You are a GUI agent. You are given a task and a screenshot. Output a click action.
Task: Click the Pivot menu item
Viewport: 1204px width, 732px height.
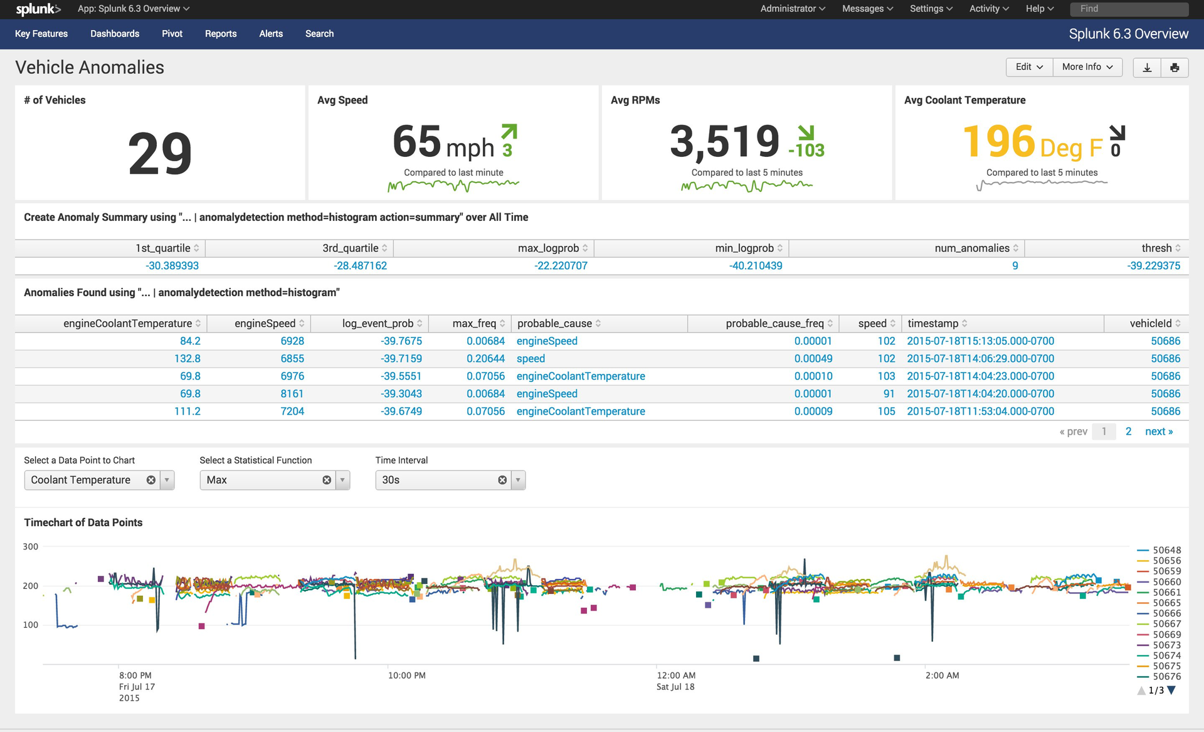click(172, 34)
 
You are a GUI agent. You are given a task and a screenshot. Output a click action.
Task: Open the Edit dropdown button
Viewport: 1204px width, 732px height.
click(1029, 67)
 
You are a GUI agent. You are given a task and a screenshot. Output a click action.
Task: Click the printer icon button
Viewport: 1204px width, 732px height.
click(1175, 68)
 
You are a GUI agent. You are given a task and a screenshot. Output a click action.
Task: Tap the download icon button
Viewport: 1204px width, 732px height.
click(1147, 68)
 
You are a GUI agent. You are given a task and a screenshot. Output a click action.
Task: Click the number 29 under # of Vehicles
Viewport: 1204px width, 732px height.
click(160, 154)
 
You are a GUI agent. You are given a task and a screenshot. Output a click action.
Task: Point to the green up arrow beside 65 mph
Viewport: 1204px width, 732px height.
click(509, 131)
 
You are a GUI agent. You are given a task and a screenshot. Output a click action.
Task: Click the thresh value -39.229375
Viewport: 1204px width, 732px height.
click(1153, 266)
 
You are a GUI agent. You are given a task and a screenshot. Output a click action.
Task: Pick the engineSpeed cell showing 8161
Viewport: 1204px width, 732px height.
click(292, 394)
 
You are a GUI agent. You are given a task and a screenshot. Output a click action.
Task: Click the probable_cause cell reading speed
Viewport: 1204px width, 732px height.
click(531, 359)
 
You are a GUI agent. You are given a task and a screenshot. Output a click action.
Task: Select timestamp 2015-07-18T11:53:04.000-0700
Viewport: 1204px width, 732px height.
click(980, 411)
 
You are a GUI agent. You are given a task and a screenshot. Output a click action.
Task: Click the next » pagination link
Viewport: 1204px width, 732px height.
click(1158, 432)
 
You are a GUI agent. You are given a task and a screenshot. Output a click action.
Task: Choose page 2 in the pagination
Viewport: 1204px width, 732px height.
click(1128, 432)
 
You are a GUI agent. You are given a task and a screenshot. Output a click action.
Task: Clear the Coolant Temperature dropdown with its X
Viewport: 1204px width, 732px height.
click(151, 480)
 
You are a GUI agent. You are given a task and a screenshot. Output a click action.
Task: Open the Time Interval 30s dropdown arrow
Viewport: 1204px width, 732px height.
click(518, 480)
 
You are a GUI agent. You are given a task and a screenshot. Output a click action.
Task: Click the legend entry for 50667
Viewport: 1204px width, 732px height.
click(1166, 624)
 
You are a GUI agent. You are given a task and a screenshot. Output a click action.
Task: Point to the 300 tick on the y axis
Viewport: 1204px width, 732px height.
click(30, 547)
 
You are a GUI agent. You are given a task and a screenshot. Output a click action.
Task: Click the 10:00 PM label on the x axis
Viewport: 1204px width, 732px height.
click(406, 676)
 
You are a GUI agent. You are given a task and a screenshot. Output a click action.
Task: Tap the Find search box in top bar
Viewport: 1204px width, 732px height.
click(1129, 9)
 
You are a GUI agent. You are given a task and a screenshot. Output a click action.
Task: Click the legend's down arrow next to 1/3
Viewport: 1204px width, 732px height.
click(1171, 691)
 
